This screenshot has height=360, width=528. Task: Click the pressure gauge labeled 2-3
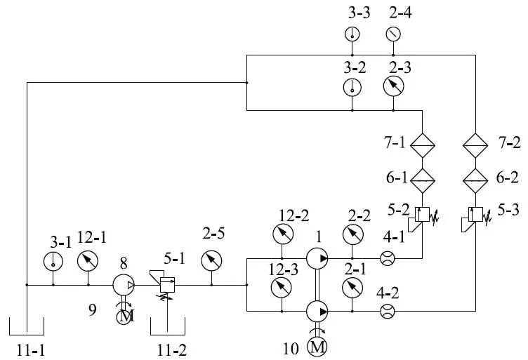(x=393, y=86)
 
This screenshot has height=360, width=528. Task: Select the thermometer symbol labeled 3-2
(x=352, y=87)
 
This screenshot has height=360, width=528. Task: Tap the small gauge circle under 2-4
(x=393, y=34)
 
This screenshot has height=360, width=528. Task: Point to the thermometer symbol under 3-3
(x=352, y=34)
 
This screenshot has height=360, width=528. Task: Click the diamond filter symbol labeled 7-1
(x=423, y=145)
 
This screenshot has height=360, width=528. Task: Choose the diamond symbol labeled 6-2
(x=475, y=180)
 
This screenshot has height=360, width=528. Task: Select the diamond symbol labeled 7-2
(x=475, y=145)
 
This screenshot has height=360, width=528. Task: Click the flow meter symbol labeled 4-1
(x=388, y=258)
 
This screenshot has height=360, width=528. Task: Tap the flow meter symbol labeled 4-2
(x=388, y=311)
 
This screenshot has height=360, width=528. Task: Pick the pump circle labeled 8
(x=124, y=286)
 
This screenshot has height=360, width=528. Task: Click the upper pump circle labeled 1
(x=317, y=258)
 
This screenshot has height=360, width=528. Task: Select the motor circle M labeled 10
(x=317, y=346)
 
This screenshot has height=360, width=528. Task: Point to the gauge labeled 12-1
(x=88, y=261)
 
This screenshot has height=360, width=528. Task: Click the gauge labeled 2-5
(x=211, y=261)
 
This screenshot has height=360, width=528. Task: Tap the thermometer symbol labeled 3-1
(x=53, y=262)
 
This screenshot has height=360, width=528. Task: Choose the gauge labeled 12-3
(x=282, y=287)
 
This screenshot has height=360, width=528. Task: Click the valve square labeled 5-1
(x=167, y=285)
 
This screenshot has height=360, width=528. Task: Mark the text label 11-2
(x=172, y=351)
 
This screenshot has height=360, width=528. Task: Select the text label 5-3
(x=508, y=210)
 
